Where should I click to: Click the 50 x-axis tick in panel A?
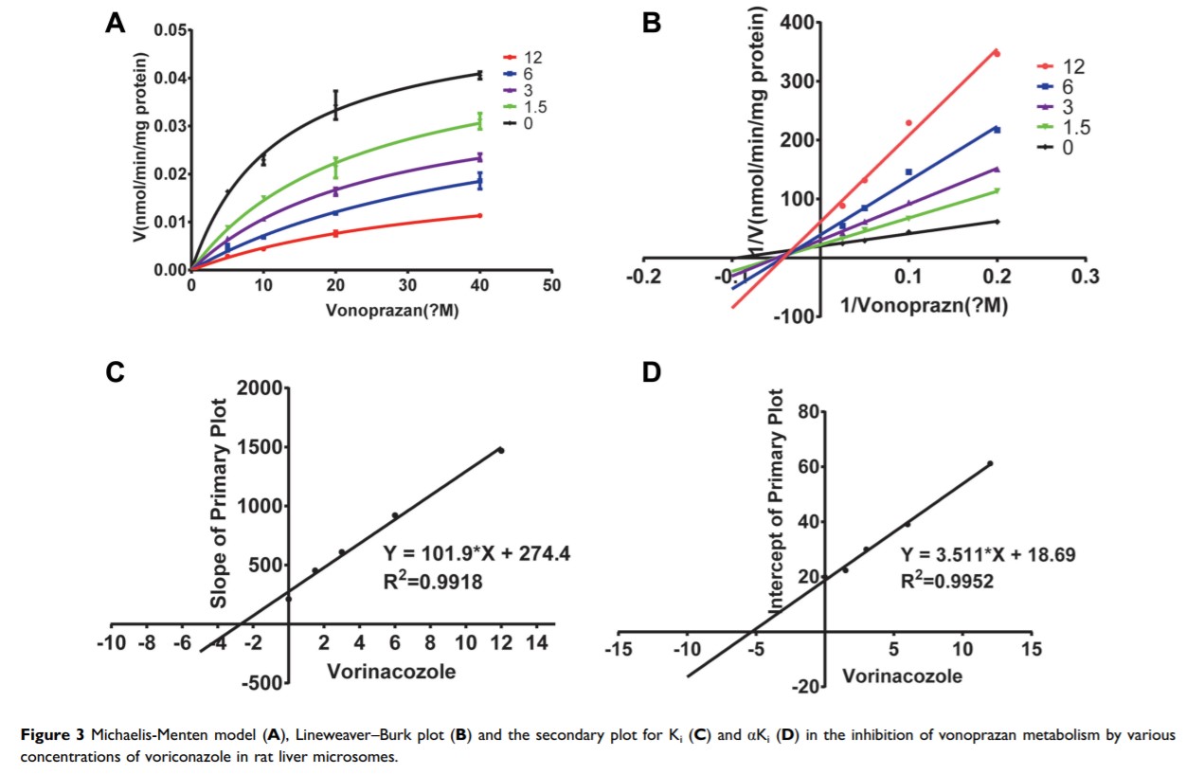point(552,285)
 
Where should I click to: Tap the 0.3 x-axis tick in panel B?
point(1085,277)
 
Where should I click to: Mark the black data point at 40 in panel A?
point(480,74)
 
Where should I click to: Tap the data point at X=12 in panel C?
point(501,450)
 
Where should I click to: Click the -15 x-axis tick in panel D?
point(620,651)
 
